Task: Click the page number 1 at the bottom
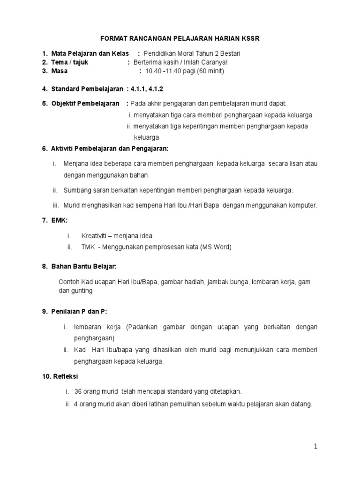point(316,447)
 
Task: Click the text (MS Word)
point(216,247)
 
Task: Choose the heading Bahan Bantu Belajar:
point(83,266)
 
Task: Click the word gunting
point(82,291)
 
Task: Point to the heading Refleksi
point(65,376)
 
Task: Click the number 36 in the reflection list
point(78,391)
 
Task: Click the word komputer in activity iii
point(300,205)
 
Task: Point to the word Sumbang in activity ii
point(76,190)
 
